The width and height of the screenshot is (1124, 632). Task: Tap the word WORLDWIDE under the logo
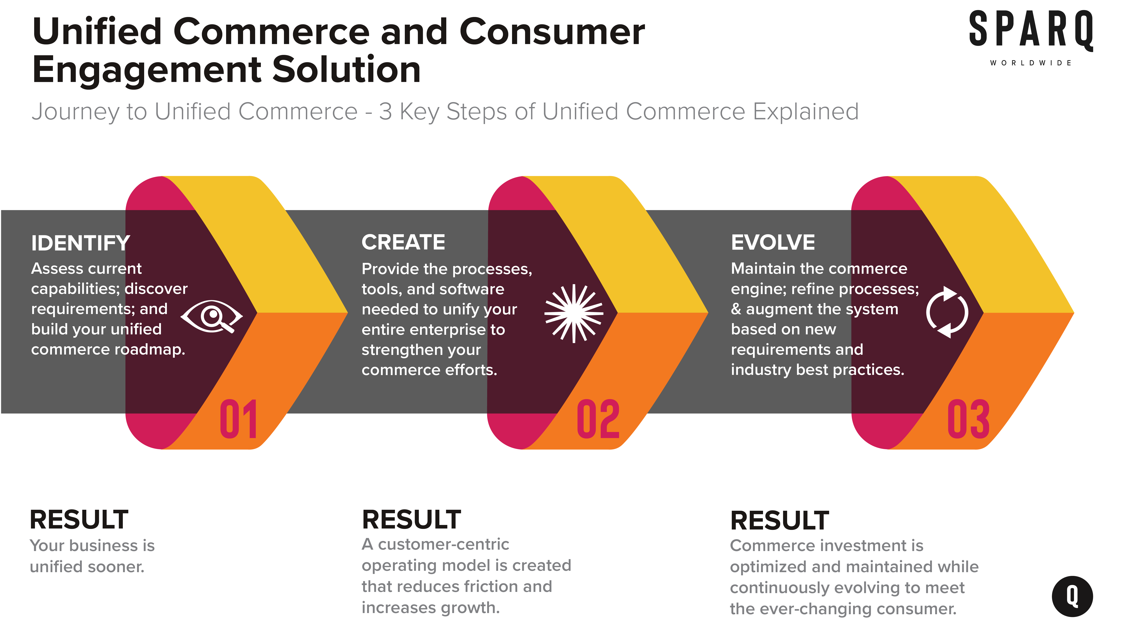point(1031,63)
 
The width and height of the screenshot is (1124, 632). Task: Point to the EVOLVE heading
point(773,242)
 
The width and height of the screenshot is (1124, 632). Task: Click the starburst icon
point(574,313)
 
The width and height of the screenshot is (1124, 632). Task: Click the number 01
point(238,419)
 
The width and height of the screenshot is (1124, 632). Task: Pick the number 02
point(598,419)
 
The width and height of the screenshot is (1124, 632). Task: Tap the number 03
point(968,419)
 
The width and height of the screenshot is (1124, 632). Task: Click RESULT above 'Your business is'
point(79,520)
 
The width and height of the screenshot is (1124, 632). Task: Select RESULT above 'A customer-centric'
point(412,520)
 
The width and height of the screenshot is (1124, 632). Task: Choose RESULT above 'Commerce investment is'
point(780,521)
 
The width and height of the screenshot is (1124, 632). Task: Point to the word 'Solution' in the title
point(347,70)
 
